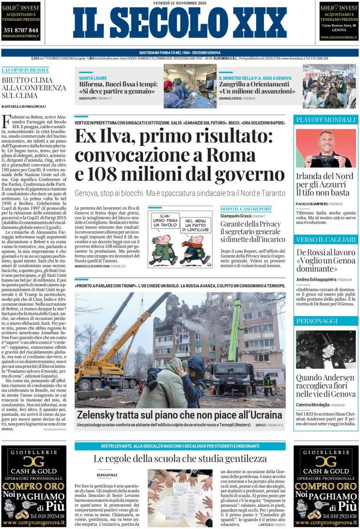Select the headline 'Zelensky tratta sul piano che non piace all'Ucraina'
(179, 414)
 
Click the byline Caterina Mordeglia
(313, 404)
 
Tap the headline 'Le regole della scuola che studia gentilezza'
(180, 458)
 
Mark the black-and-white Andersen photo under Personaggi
(325, 349)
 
